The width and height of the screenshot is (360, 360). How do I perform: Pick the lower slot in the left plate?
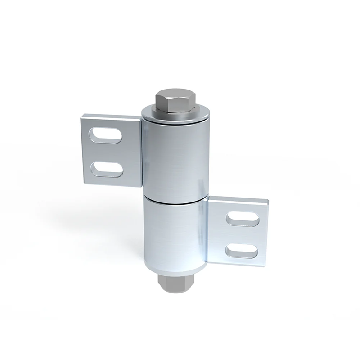[106, 168]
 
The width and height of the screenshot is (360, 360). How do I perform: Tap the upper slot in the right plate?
[243, 219]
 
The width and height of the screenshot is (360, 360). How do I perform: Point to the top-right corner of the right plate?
[269, 199]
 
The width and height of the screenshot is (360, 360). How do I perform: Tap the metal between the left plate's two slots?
[106, 152]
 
